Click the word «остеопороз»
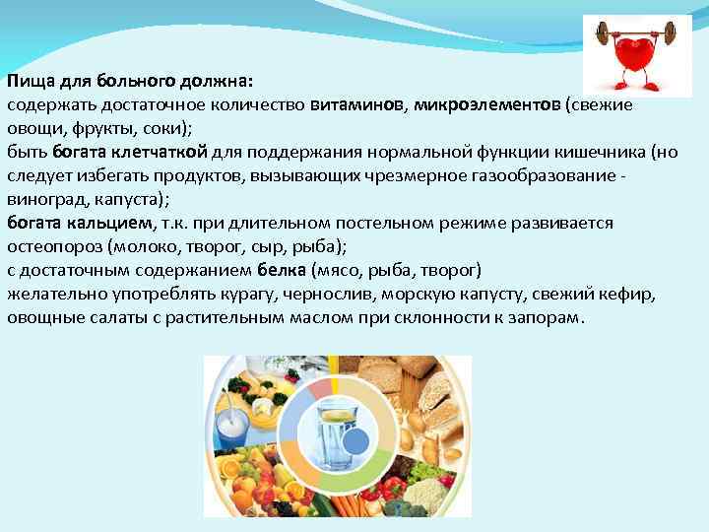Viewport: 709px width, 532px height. (50, 247)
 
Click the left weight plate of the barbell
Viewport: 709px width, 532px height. (603, 34)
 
